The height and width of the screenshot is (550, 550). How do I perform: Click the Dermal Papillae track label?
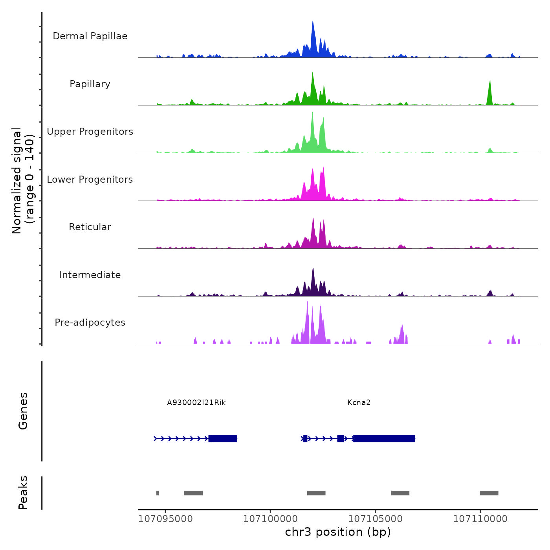tap(90, 36)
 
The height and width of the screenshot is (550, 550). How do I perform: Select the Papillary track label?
tap(90, 84)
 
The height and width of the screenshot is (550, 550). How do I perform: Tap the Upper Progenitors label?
tap(90, 132)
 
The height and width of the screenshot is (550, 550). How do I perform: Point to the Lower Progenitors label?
tap(90, 180)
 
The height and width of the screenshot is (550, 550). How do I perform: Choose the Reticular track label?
tap(90, 227)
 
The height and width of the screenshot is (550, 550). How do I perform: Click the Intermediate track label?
tap(90, 275)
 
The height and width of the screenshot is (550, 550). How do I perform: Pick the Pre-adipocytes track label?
tap(90, 323)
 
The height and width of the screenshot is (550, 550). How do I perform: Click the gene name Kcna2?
tap(359, 403)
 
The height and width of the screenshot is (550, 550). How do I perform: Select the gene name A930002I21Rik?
tap(196, 403)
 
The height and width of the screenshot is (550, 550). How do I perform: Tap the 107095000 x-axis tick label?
tap(165, 519)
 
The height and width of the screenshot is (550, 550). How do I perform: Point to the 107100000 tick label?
tap(270, 519)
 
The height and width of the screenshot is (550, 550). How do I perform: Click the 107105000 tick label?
tap(375, 519)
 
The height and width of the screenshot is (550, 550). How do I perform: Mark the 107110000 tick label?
tap(480, 519)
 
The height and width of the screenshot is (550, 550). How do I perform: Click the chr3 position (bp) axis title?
tap(338, 532)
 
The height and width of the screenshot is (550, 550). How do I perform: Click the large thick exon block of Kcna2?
tap(384, 438)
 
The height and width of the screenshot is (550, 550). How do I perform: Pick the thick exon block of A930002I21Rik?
tap(223, 438)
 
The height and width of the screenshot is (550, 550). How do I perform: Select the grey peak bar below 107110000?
tap(489, 493)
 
